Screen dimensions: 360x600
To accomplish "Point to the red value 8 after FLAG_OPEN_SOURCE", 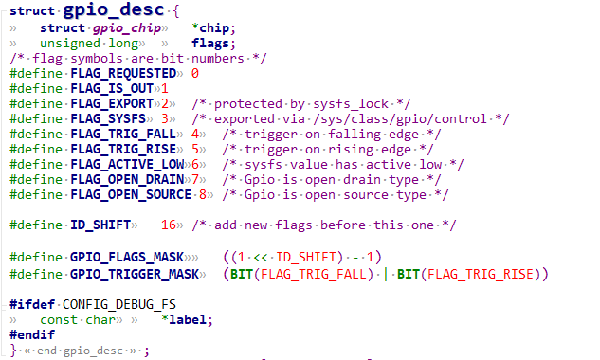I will tap(203, 194).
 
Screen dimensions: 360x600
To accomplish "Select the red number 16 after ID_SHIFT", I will tap(170, 225).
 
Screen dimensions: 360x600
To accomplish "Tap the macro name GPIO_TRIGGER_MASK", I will tap(134, 274).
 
